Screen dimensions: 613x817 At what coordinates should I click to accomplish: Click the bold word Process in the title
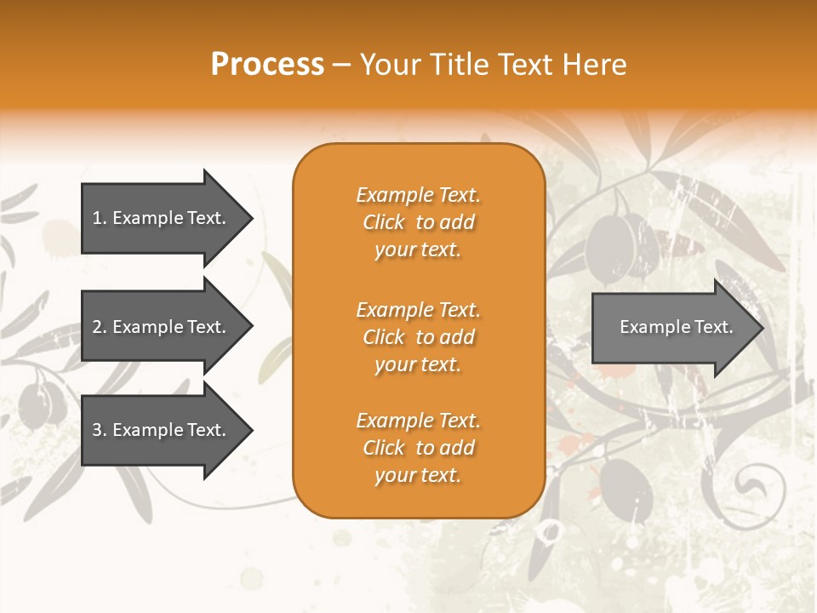pyautogui.click(x=267, y=65)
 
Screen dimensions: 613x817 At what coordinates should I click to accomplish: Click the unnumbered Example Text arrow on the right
pyautogui.click(x=672, y=327)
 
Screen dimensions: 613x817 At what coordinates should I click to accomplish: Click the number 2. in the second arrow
pyautogui.click(x=100, y=327)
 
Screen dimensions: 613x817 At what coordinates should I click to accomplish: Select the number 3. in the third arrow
pyautogui.click(x=100, y=430)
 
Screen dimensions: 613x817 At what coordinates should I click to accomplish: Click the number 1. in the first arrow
pyautogui.click(x=99, y=218)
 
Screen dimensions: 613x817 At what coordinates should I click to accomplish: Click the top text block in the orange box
pyautogui.click(x=418, y=222)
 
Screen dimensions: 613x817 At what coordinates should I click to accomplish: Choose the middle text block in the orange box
pyautogui.click(x=418, y=337)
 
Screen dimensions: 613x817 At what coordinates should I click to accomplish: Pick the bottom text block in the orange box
pyautogui.click(x=418, y=448)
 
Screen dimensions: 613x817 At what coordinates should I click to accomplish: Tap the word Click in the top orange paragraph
pyautogui.click(x=384, y=222)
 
